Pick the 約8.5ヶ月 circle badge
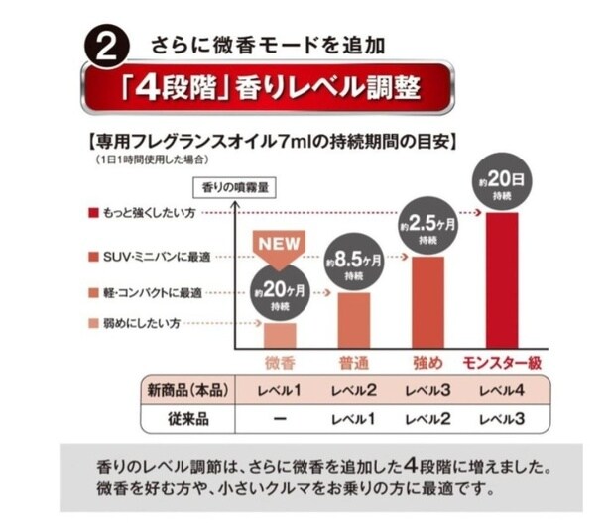pos(350,263)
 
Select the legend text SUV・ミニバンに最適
pos(156,256)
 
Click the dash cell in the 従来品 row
pos(281,418)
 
